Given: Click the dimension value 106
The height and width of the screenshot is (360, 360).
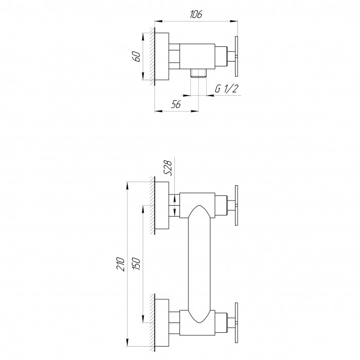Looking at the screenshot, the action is tap(196, 14).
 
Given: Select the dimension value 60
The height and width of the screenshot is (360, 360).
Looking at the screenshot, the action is tap(137, 57).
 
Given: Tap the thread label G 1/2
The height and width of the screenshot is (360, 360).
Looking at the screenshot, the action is tap(227, 88).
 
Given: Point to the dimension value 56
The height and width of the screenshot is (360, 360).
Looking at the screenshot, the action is tap(176, 104).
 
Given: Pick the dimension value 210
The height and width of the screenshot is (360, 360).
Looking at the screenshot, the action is tap(120, 264).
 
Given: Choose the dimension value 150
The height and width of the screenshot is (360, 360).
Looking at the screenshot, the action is tap(136, 263).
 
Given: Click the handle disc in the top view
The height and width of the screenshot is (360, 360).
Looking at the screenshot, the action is tap(236, 56).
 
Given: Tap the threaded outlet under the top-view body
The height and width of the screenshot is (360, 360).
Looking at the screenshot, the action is tap(199, 73).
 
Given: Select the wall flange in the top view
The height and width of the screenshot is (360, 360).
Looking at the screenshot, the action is tap(161, 57).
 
